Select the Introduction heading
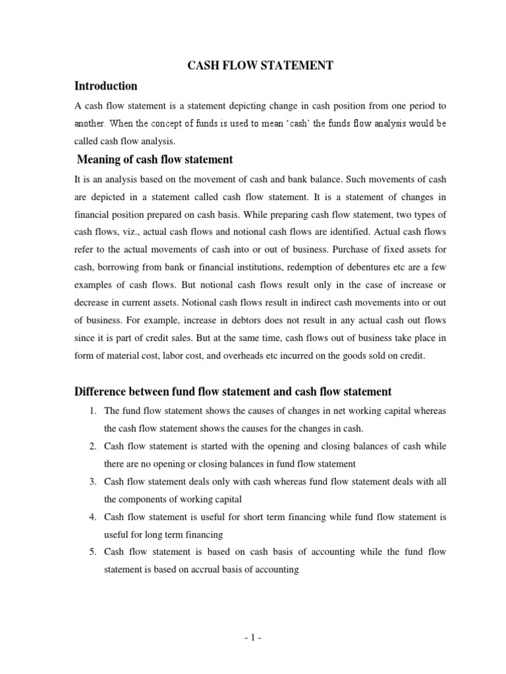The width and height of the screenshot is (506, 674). click(x=106, y=86)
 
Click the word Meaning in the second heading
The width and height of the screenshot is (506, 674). click(x=99, y=159)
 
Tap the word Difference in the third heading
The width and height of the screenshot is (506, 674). click(x=98, y=392)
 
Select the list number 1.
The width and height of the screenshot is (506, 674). click(x=92, y=411)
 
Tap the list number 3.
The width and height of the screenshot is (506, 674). click(x=92, y=482)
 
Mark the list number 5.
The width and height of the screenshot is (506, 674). click(x=92, y=552)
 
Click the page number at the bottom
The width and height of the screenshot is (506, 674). click(x=253, y=638)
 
